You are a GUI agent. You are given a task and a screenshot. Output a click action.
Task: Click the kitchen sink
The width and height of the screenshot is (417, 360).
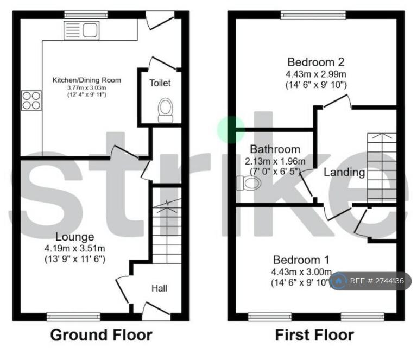coord(81,30)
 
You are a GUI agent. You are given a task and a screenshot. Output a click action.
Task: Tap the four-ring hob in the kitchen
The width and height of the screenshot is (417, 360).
coord(31,100)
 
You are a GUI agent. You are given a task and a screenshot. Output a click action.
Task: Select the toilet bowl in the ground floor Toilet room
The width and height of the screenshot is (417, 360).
coord(166,110)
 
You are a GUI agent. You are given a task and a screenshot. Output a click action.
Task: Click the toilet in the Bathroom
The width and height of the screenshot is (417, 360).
coord(248,183)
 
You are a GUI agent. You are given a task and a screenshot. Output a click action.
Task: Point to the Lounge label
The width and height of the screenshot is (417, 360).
coord(75,236)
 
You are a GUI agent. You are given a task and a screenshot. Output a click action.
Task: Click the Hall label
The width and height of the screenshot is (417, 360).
coord(159,288)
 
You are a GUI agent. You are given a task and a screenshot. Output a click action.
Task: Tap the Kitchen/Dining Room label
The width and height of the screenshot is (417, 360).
coord(87,80)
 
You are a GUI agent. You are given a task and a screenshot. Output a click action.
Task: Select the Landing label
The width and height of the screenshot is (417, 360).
coord(344,172)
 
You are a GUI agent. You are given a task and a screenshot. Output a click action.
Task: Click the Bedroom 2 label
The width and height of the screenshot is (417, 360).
coord(316,62)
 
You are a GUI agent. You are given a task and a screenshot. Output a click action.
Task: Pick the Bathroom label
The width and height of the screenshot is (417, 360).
coord(275,149)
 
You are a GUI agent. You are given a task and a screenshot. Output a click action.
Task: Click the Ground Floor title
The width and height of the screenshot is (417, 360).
coord(102,334)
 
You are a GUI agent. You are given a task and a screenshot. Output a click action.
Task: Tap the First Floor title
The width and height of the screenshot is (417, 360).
coord(314,334)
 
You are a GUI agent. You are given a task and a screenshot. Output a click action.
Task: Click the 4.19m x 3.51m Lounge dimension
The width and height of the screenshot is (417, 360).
coord(75,248)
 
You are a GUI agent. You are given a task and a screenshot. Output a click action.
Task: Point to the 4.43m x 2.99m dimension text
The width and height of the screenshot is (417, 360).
coord(316,74)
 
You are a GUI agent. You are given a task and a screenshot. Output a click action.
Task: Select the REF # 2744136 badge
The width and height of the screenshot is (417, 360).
coord(370,281)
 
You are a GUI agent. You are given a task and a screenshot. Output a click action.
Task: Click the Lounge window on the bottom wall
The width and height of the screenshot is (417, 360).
coord(73,317)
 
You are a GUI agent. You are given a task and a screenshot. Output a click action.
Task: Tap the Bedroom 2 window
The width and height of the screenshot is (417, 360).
coord(313,15)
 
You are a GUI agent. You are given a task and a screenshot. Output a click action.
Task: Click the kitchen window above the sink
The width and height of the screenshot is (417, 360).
coord(86,14)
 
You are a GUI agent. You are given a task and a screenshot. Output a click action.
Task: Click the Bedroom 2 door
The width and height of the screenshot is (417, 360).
coord(337,102)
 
